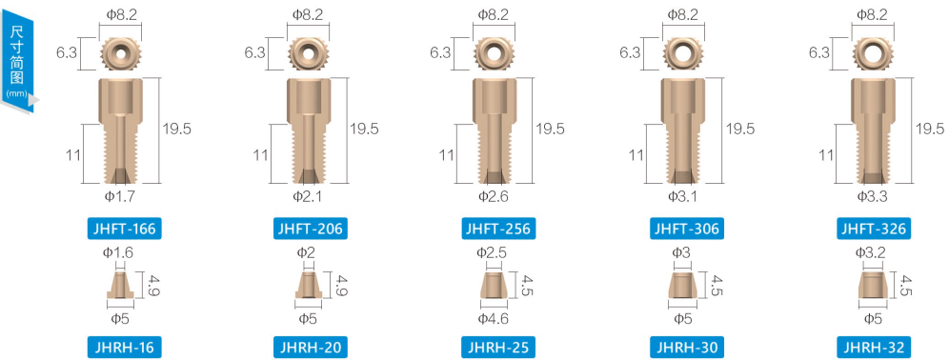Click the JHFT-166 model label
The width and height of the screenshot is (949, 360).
[125, 229]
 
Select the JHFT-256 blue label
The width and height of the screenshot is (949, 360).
[497, 229]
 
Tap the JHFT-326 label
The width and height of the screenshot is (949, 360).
[872, 229]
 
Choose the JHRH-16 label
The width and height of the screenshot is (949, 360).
[125, 348]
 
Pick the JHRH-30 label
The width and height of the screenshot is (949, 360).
[684, 348]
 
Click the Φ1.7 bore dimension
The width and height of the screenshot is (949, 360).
[119, 195]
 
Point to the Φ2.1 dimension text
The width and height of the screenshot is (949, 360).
[309, 195]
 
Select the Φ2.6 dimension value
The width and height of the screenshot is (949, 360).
[494, 195]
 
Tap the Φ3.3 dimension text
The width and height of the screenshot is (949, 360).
[872, 195]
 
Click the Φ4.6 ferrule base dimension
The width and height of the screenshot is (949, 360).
[494, 318]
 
